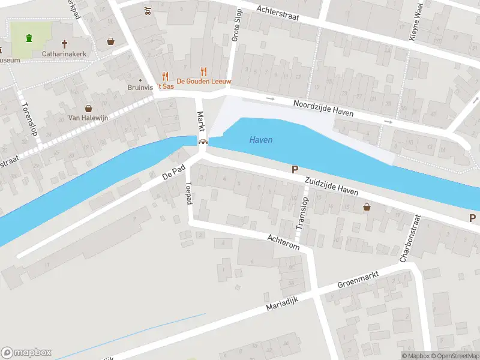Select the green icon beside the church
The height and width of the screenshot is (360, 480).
click(29, 39)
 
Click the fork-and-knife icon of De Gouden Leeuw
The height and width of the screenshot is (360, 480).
click(203, 70)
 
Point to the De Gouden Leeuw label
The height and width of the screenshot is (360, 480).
click(203, 81)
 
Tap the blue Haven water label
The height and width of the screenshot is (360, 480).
click(260, 140)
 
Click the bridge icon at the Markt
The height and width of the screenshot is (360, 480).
click(203, 142)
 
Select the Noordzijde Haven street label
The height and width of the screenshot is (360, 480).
click(323, 109)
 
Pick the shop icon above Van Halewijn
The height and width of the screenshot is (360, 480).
click(89, 109)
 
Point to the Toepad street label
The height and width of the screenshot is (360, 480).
click(189, 193)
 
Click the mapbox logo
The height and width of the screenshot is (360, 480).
click(26, 352)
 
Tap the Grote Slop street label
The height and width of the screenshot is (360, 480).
click(236, 25)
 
